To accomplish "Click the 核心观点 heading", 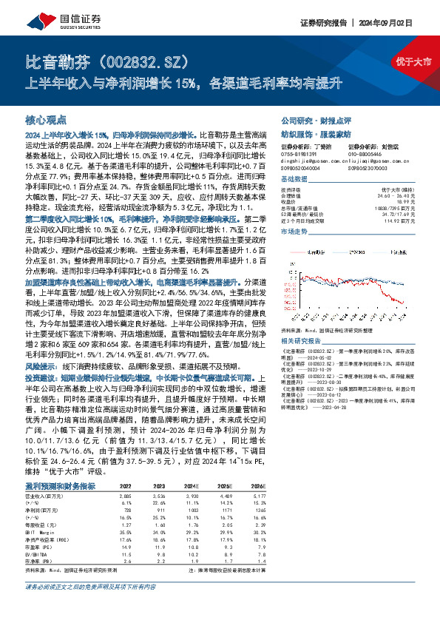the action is [x=46, y=119].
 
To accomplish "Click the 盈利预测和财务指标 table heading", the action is [x=60, y=464].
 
